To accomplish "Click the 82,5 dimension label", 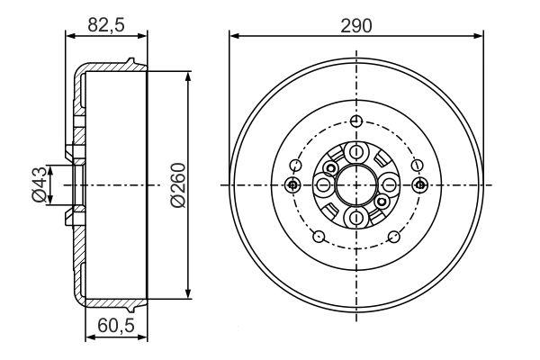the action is tap(105, 25).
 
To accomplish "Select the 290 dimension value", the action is tap(356, 26).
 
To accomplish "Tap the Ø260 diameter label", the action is tap(177, 185).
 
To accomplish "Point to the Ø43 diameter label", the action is tap(39, 184).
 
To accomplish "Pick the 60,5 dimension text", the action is tap(116, 326).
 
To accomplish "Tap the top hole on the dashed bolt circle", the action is tap(356, 121).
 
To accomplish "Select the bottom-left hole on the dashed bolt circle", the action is tap(319, 237).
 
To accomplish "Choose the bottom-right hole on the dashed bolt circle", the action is tap(394, 237).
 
